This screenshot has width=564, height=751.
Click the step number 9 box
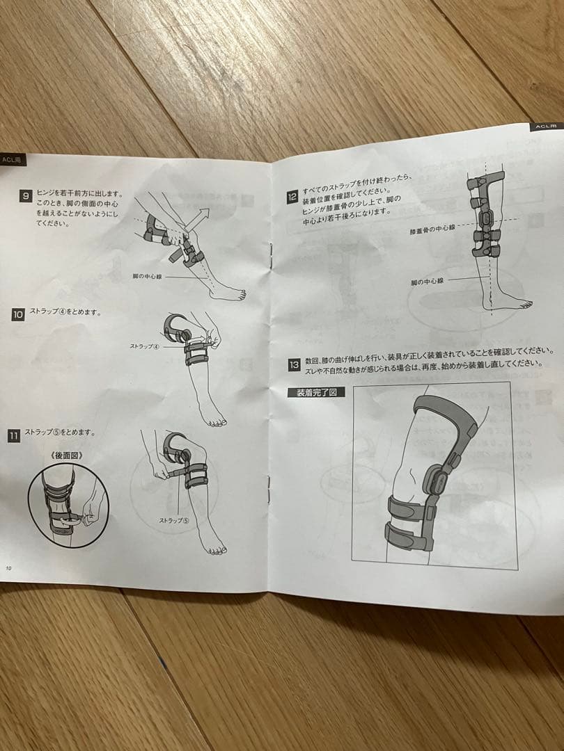coord(26,196)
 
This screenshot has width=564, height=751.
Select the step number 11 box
coord(14,436)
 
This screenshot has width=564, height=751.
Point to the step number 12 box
coord(293,197)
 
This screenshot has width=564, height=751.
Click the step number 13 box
coord(294,364)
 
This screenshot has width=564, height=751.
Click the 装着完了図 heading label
coord(316,392)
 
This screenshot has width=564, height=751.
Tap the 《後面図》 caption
coord(61,455)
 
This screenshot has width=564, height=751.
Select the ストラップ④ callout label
coord(144,346)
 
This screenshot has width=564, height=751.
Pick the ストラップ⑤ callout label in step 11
coord(173,519)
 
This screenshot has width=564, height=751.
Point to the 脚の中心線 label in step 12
coord(427,282)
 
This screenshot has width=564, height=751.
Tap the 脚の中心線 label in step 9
coord(149,276)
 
